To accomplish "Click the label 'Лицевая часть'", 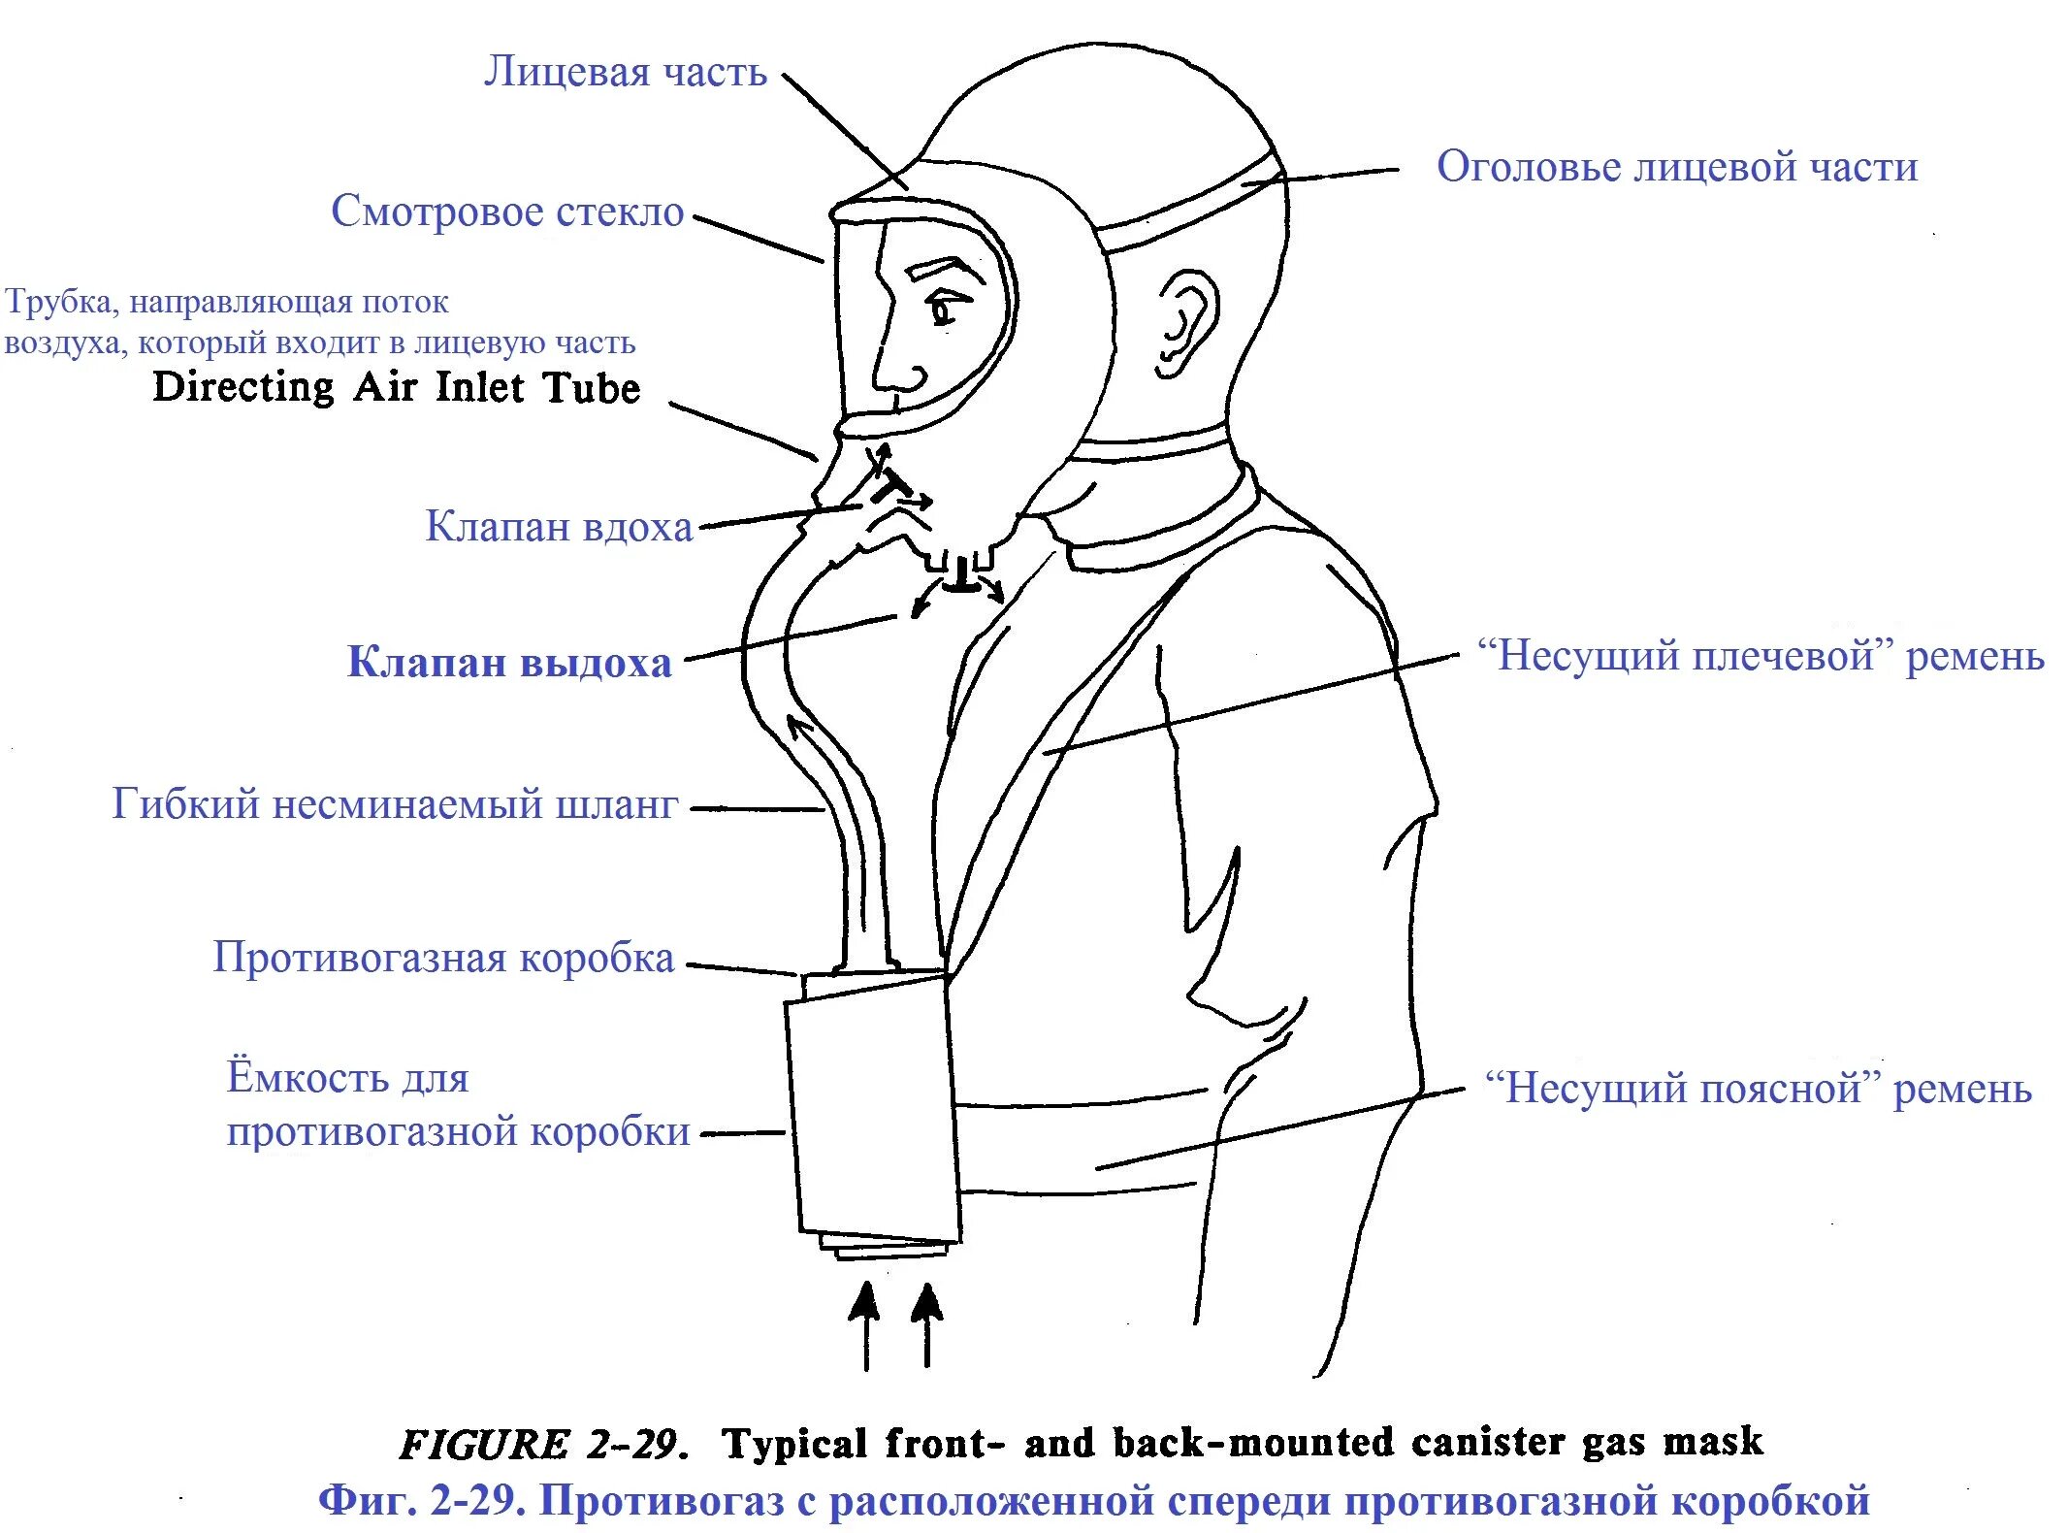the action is coord(626,72).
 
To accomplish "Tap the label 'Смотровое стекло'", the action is coord(507,212).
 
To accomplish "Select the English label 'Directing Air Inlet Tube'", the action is coord(397,387).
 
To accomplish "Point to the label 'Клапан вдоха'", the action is coord(559,527).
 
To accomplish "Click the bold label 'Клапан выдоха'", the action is coord(509,663).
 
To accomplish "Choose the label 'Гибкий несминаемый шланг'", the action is coord(395,804).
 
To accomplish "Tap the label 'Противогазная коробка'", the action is coord(443,958).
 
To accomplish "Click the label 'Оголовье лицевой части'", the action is coord(1677,167).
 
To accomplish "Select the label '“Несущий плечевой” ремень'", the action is coord(1761,657).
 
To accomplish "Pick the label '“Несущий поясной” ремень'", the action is coord(1758,1089).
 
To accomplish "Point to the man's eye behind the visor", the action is coord(943,310).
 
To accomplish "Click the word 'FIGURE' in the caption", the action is coord(484,1445).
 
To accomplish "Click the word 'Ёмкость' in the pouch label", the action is coord(347,1078).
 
